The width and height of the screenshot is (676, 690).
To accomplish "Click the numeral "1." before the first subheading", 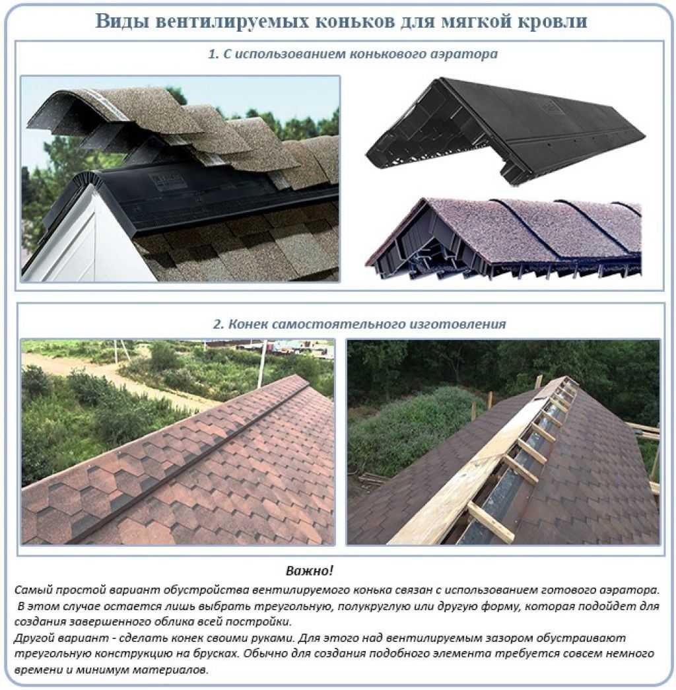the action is tap(213, 54).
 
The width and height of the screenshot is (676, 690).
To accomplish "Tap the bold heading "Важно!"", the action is tap(310, 570).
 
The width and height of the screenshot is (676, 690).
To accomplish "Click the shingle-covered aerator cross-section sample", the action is tap(504, 240).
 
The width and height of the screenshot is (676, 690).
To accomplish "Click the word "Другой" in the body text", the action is tap(34, 638).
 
